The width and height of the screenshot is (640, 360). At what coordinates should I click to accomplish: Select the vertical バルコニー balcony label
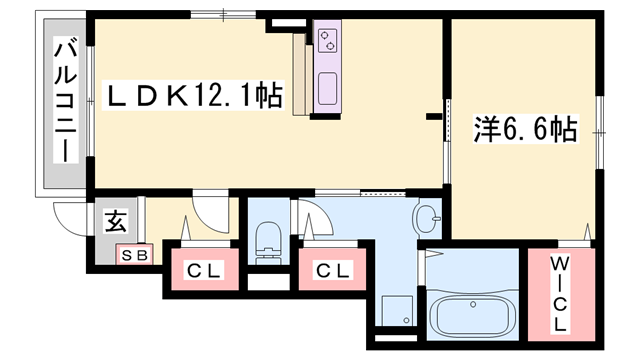tap(65, 101)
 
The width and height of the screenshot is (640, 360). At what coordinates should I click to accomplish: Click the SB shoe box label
tap(133, 255)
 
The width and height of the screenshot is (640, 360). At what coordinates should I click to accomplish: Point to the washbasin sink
tap(428, 215)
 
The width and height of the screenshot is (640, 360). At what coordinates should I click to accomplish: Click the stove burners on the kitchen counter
tap(329, 41)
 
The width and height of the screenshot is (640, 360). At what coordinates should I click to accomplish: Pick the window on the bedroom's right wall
tap(600, 131)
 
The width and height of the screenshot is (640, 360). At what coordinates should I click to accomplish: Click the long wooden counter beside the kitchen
tap(300, 80)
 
